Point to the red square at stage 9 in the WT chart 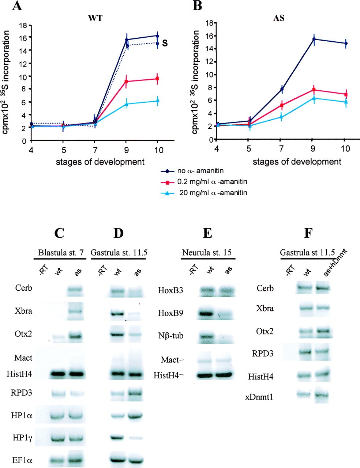pyautogui.click(x=126, y=81)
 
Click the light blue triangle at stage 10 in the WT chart pyautogui.click(x=157, y=101)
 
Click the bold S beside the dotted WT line pyautogui.click(x=165, y=44)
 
